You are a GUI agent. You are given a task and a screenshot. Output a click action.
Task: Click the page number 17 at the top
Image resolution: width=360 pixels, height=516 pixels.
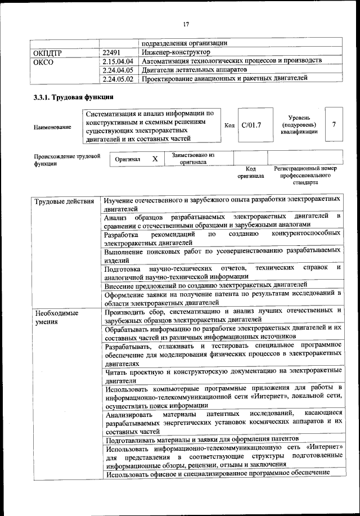click(186, 24)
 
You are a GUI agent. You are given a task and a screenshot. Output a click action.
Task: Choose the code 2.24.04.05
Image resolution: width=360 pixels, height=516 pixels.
click(118, 70)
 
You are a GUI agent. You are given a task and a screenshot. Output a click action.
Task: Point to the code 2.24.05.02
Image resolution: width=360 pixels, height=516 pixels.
click(118, 79)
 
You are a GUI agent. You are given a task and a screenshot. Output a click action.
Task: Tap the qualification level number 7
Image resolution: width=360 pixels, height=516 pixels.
click(334, 124)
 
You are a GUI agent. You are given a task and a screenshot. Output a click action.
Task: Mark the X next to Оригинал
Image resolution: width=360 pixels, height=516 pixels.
click(155, 159)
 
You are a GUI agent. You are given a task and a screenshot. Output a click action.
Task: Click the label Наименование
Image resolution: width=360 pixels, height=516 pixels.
click(52, 127)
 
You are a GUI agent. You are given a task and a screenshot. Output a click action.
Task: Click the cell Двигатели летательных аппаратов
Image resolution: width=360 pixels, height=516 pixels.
click(194, 70)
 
